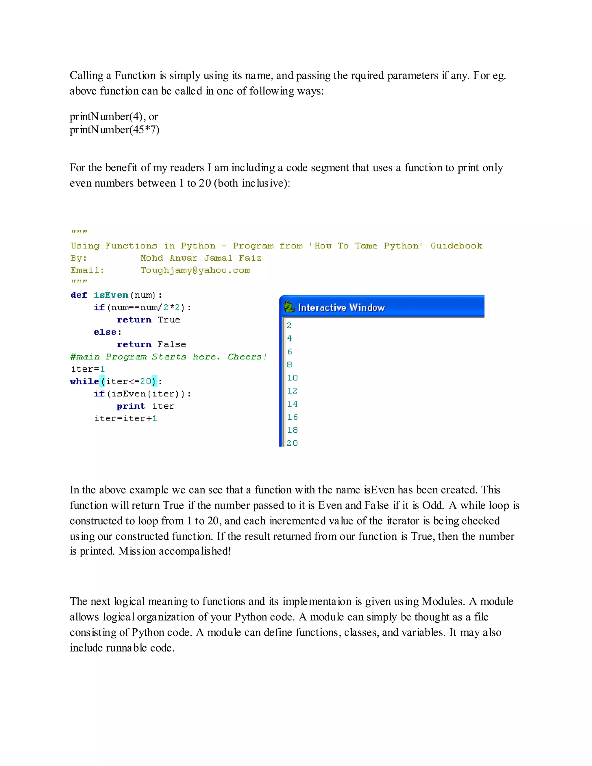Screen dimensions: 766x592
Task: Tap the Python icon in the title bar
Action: pyautogui.click(x=289, y=307)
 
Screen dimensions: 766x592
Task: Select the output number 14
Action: pyautogui.click(x=292, y=404)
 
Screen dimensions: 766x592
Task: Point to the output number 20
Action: pyautogui.click(x=292, y=443)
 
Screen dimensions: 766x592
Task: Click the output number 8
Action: pyautogui.click(x=289, y=365)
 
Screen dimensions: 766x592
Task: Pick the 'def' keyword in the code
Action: pyautogui.click(x=79, y=295)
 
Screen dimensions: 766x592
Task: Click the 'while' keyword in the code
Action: pyautogui.click(x=84, y=381)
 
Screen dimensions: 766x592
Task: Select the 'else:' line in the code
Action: pyautogui.click(x=108, y=332)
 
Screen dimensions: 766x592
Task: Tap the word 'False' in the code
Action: pyautogui.click(x=171, y=345)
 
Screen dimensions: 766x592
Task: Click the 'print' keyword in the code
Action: pyautogui.click(x=130, y=406)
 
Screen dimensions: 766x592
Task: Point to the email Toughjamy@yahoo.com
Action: pyautogui.click(x=195, y=271)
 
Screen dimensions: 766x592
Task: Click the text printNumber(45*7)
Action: pyautogui.click(x=114, y=130)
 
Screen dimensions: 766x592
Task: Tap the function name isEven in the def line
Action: pyautogui.click(x=111, y=295)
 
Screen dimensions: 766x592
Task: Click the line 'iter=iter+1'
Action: pyautogui.click(x=125, y=419)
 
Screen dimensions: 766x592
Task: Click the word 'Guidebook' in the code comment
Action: pyautogui.click(x=456, y=246)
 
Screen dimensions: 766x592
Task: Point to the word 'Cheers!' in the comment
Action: pyautogui.click(x=247, y=357)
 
